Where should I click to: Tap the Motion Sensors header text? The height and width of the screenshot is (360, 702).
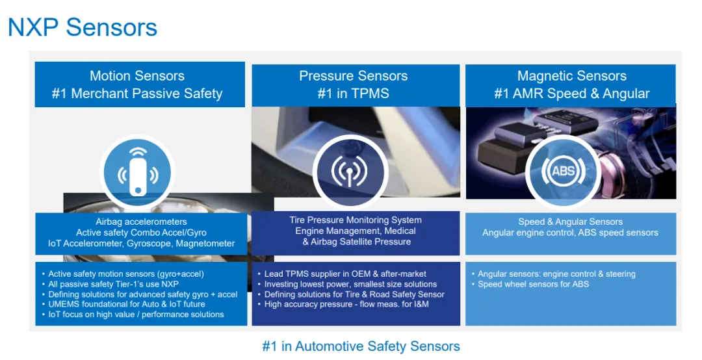click(137, 75)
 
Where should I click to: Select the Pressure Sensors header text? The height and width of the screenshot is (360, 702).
click(353, 75)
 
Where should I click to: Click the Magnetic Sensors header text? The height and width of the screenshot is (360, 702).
click(572, 75)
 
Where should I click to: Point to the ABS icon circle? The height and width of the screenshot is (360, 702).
click(563, 171)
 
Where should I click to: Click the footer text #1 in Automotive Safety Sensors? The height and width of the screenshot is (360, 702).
click(361, 346)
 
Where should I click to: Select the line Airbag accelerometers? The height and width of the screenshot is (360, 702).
click(141, 222)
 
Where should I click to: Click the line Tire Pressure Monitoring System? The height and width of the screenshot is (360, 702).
click(356, 220)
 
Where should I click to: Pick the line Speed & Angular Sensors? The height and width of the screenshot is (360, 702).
click(571, 222)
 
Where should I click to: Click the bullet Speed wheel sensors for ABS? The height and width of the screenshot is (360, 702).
click(533, 285)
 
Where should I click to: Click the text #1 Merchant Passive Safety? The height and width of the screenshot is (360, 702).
click(137, 94)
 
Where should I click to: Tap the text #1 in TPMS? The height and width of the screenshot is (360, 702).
click(353, 94)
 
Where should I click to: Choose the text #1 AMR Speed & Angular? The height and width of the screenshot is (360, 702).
click(572, 94)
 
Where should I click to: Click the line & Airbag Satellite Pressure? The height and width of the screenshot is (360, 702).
click(356, 242)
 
